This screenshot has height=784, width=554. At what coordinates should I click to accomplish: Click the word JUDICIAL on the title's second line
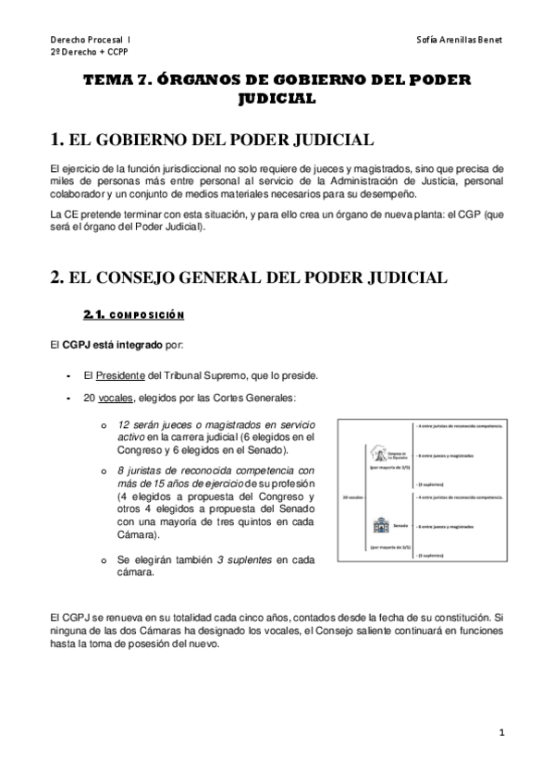[x=277, y=97]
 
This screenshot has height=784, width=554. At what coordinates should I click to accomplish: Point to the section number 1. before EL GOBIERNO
[x=56, y=141]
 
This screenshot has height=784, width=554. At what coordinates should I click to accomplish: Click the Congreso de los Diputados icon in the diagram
[x=378, y=455]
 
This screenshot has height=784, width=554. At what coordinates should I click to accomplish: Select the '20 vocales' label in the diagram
[x=351, y=496]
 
